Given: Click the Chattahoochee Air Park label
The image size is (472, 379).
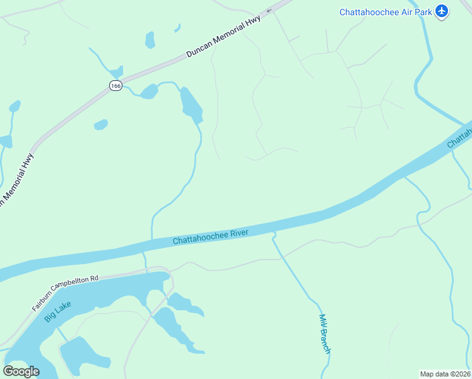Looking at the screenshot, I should [385, 11].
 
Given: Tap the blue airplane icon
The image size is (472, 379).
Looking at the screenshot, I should [441, 11].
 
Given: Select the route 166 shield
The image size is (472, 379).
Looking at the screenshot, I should [115, 86].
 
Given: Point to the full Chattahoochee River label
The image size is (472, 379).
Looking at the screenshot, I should [211, 237].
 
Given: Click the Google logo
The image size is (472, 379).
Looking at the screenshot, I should [21, 371].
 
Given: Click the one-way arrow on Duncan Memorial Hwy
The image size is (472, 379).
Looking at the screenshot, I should [269, 10].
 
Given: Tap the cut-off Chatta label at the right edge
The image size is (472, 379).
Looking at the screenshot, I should [460, 138].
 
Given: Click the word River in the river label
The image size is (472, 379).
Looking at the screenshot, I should [239, 233].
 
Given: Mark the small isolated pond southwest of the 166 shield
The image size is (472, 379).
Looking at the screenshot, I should [100, 125].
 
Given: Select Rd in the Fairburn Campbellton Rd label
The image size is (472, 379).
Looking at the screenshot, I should [95, 278].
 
